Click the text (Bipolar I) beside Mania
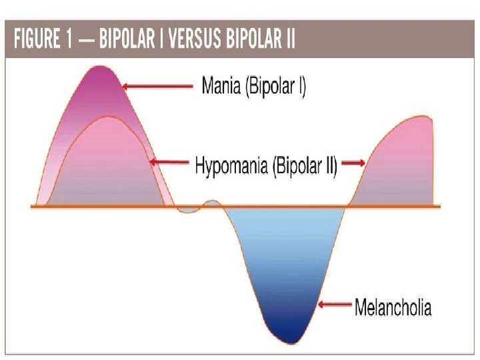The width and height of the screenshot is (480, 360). coord(276,86)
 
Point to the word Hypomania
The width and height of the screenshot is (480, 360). coord(231,165)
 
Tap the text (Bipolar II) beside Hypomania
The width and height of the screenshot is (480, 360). coord(304,165)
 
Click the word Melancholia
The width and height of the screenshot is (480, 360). coord(393,307)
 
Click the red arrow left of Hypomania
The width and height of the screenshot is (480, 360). coord(170,162)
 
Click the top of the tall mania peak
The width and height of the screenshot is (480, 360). coord(101,67)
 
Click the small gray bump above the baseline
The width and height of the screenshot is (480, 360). coord(212,203)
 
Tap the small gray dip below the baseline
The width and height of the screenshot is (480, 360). coord(188,210)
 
